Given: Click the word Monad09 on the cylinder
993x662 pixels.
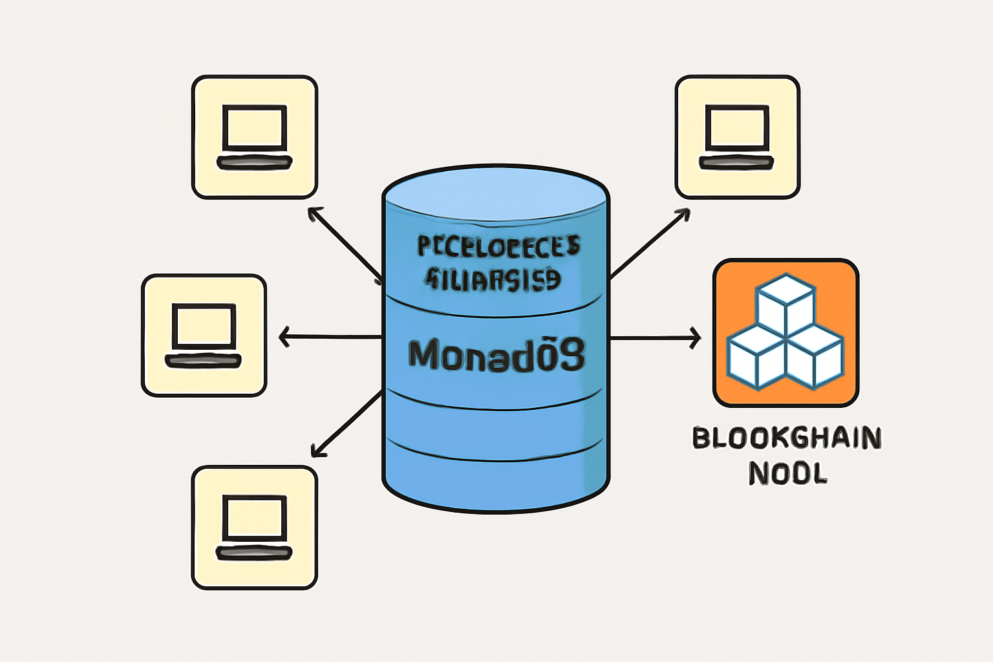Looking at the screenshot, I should click(496, 355).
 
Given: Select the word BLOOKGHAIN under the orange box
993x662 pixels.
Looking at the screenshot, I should click(786, 438).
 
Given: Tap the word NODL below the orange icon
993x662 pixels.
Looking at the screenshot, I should click(787, 474).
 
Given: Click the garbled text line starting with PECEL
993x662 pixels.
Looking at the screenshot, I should click(498, 246).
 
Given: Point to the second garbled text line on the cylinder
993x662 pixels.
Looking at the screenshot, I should click(493, 279).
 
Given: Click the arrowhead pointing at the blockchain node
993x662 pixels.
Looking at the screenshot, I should click(695, 337).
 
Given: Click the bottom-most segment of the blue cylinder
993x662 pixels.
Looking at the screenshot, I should click(496, 478).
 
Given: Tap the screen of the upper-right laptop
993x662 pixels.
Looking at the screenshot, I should click(737, 127).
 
